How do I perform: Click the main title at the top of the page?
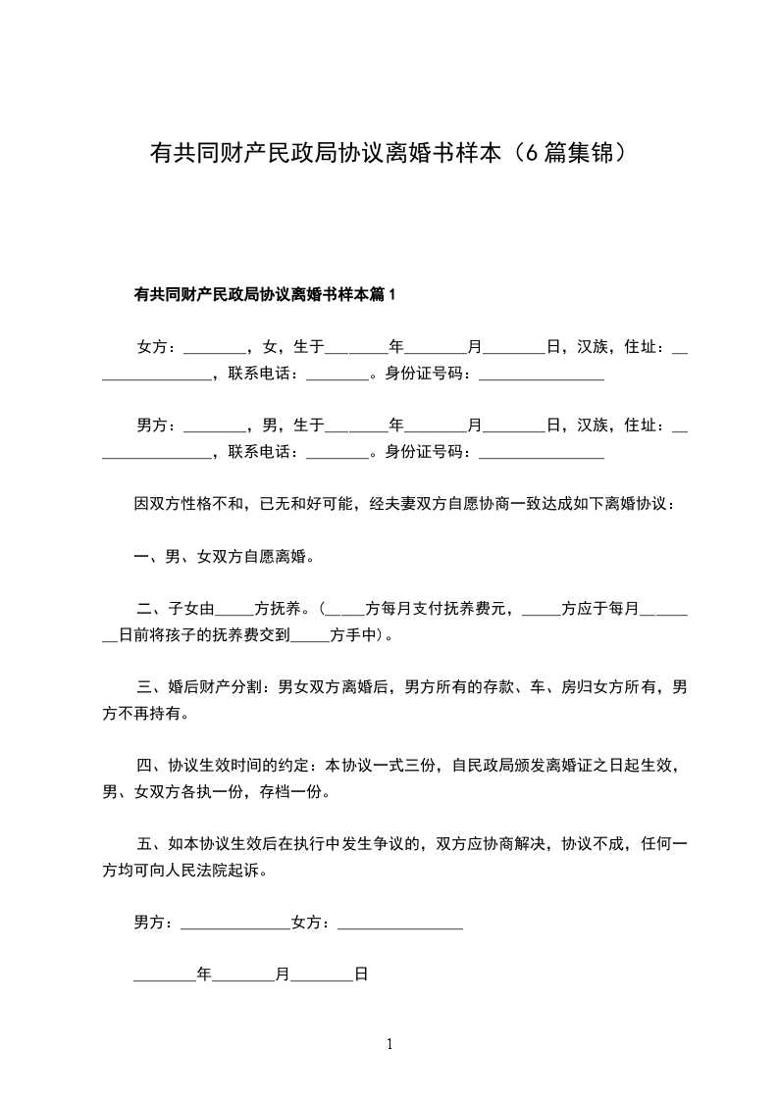pyautogui.click(x=389, y=153)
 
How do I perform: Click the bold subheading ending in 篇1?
pyautogui.click(x=265, y=294)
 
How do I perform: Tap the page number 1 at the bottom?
pyautogui.click(x=389, y=1044)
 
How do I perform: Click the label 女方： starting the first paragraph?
pyautogui.click(x=157, y=347)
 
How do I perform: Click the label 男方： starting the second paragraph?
pyautogui.click(x=157, y=425)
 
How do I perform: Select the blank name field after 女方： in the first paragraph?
pyautogui.click(x=215, y=349)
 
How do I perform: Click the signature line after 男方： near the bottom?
pyautogui.click(x=235, y=924)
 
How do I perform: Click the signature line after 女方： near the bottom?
pyautogui.click(x=399, y=924)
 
